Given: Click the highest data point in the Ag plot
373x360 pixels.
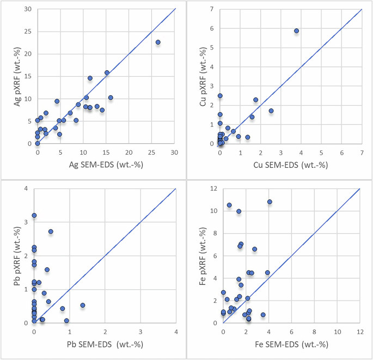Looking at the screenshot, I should coord(158,42).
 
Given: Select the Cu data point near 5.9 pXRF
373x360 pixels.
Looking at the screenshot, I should coord(297,31).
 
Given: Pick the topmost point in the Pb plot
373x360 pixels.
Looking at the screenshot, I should coord(34,216).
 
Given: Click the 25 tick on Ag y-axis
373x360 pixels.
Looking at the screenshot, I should coord(27,32).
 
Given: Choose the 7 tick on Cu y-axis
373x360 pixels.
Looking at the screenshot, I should coord(211,9).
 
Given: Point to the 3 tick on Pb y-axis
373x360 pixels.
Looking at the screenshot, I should coord(27,223).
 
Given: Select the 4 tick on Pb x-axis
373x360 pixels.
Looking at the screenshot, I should coord(176,331).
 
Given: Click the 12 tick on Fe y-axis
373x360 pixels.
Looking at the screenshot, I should coord(213,189).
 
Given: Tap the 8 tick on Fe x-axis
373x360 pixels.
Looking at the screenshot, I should coord(315,331).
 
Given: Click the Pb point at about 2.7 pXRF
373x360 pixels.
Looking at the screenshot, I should coord(51,231).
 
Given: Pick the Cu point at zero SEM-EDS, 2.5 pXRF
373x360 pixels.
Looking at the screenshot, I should coord(220,96).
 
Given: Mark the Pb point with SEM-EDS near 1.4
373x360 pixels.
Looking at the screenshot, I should coord(83,306).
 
